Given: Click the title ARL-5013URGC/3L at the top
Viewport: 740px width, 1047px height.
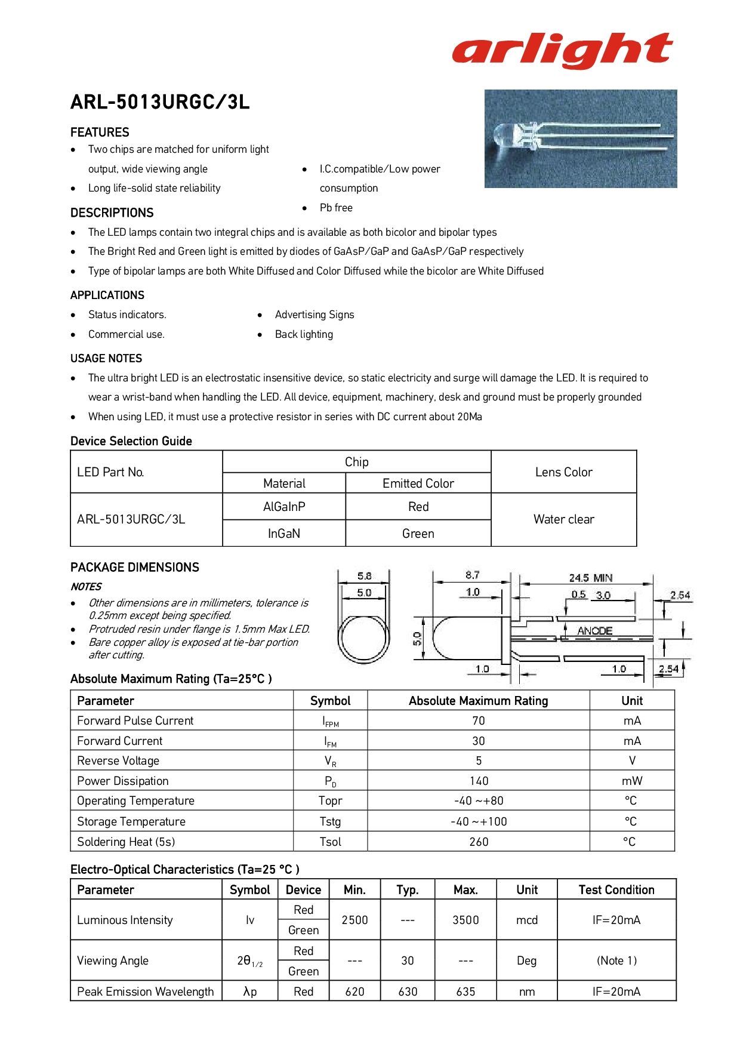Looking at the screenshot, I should pos(159,103).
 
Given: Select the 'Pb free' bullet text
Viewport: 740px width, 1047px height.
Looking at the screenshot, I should pos(336,208).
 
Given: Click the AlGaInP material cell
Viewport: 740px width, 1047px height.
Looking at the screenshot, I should pos(284,507).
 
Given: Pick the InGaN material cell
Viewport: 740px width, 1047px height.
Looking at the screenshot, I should pos(284,534).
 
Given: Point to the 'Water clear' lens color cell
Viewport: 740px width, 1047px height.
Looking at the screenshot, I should pos(563,519).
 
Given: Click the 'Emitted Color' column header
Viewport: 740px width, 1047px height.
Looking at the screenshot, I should pos(418,484).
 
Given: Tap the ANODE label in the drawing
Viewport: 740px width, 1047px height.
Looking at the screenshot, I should pos(594,631).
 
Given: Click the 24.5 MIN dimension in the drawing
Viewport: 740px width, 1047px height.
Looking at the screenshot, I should pos(590,578).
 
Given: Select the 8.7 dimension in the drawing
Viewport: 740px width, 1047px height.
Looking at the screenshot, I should pos(472,575).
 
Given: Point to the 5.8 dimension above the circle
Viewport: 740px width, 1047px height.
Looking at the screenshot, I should pos(364,576).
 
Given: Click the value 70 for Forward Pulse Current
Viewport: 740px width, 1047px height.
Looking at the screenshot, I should pos(478,721).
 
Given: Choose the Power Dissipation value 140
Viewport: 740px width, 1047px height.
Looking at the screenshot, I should pos(478,781).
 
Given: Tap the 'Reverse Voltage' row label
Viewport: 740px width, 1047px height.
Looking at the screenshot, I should pos(118,761).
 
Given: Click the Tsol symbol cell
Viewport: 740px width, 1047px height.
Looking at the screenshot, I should pos(330,842).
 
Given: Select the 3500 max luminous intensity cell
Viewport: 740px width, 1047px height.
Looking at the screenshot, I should pos(465,920).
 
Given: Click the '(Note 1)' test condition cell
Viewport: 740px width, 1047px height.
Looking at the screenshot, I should pos(616,961).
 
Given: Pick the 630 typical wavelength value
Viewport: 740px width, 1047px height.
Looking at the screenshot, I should pos(408,992).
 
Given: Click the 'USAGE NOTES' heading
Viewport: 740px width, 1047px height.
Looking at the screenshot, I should pos(106,359).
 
